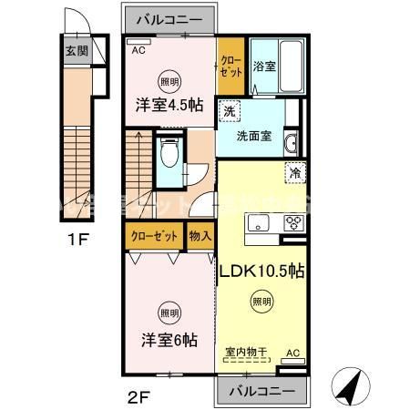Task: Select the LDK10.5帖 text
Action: pos(262,272)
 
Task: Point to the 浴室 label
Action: pos(264,66)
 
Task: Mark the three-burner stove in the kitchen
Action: pos(295,223)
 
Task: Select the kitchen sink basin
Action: pos(258,223)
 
